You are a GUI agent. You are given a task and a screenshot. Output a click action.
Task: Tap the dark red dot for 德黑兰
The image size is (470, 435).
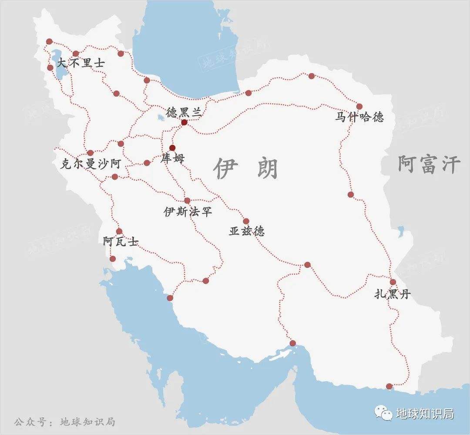click(184, 123)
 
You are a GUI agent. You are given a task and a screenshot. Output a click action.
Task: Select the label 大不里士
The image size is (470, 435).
click(81, 63)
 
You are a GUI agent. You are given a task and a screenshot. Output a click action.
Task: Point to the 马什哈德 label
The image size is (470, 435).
click(359, 117)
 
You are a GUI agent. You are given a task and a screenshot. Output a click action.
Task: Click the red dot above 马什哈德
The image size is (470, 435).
click(359, 106)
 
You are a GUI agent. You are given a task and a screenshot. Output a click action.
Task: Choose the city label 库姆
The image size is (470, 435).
click(173, 158)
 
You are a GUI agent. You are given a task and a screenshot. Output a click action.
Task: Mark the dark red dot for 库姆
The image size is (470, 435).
click(172, 147)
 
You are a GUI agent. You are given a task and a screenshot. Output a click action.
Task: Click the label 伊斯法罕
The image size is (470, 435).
click(188, 212)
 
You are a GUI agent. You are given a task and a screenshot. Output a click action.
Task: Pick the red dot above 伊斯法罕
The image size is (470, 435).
click(188, 201)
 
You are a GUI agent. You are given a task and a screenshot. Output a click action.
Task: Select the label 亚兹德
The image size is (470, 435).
click(247, 231)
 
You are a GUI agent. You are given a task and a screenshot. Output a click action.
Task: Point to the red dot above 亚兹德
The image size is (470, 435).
click(246, 221)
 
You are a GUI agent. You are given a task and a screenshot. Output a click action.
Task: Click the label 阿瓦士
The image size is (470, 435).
click(121, 241)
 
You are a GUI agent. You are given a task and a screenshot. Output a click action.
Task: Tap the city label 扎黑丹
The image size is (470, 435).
click(393, 294)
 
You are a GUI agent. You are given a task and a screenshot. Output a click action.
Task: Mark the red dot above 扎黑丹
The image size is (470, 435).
click(393, 282)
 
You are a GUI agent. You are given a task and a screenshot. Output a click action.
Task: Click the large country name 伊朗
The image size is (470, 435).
click(246, 168)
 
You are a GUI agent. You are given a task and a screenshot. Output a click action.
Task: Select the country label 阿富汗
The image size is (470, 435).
click(429, 165)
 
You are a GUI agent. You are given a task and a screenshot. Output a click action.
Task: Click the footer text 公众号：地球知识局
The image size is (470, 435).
click(64, 422)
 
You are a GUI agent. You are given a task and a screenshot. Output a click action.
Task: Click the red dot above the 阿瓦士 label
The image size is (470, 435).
click(119, 231)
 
